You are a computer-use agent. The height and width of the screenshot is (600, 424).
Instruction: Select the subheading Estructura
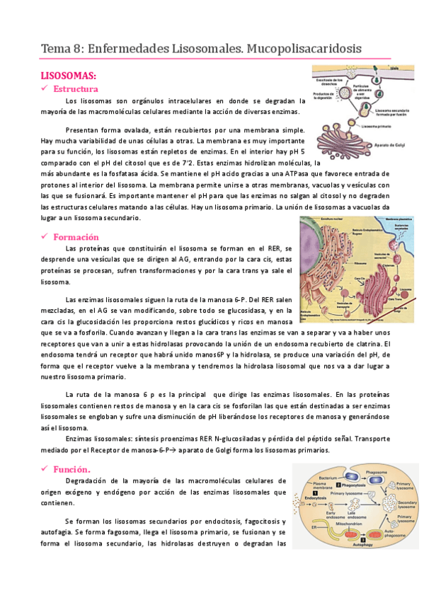(x=75, y=88)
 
